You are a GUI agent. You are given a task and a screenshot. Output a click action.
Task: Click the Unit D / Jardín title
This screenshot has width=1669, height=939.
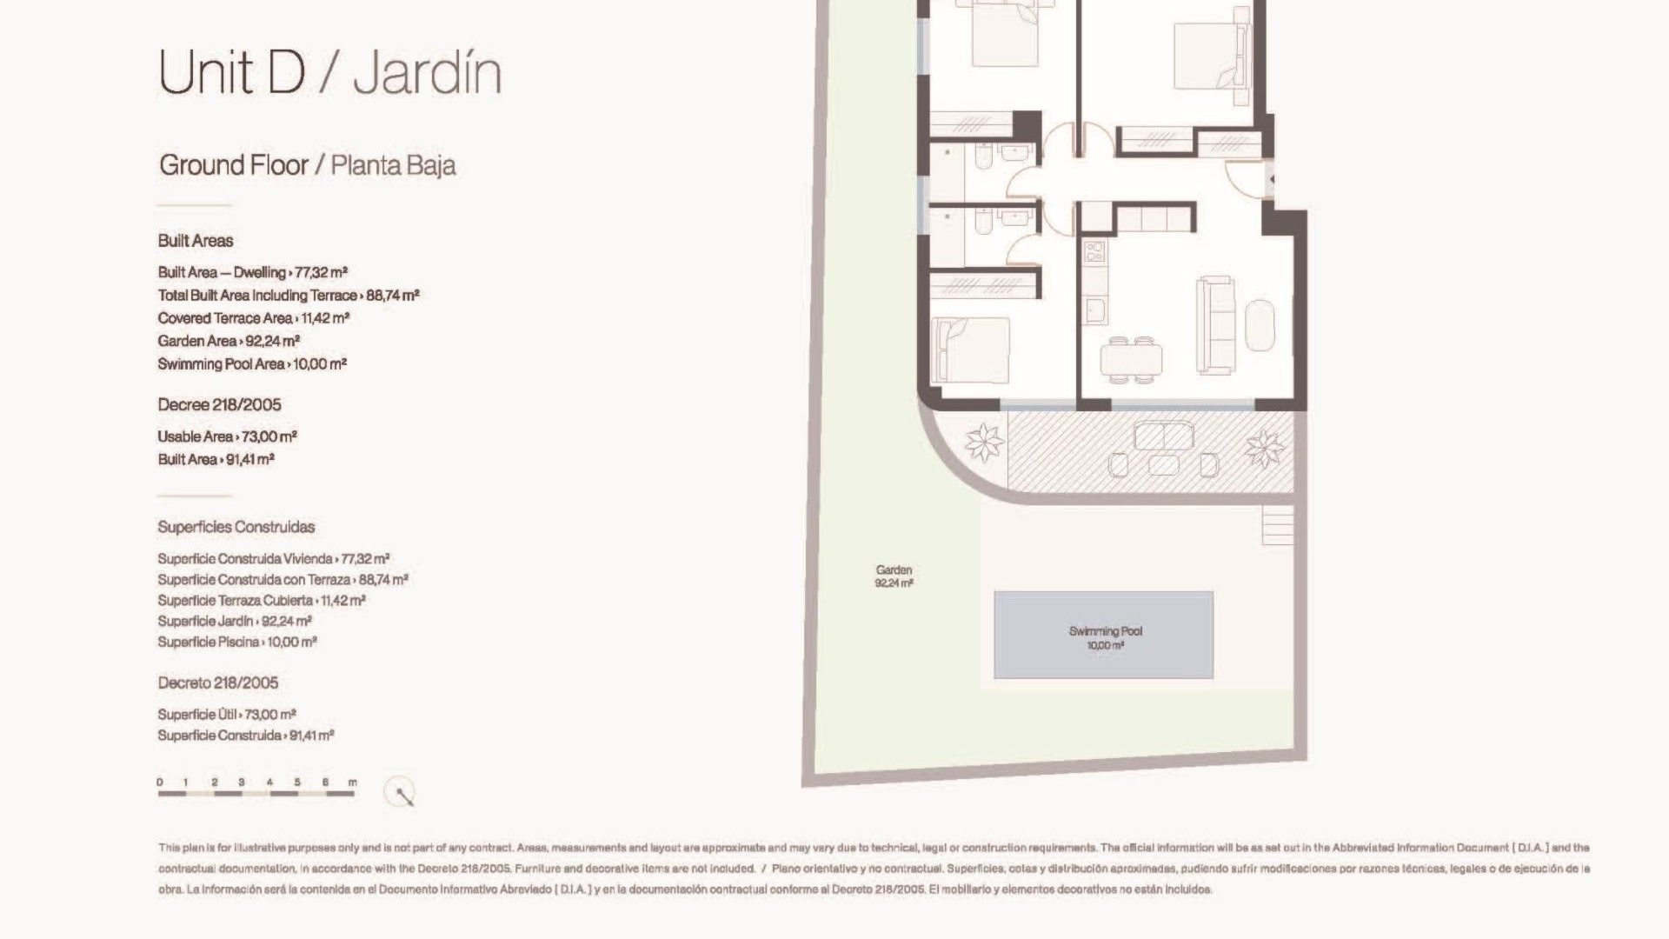[x=330, y=72]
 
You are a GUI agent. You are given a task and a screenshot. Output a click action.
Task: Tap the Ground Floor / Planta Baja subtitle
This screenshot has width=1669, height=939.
[x=307, y=165]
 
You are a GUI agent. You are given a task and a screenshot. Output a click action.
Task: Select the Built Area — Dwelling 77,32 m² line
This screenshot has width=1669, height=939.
[x=253, y=272]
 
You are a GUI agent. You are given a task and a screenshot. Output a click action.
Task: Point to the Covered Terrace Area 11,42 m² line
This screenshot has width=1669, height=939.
[x=254, y=318]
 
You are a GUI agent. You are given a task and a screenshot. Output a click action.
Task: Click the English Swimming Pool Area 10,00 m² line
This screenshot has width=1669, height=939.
[x=252, y=364]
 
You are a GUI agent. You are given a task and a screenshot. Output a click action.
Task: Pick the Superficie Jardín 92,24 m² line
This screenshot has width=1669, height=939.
[x=235, y=621]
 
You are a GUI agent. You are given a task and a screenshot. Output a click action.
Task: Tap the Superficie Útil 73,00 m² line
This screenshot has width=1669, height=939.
[x=227, y=715]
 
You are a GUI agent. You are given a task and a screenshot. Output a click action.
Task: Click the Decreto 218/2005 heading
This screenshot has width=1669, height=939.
[x=218, y=683]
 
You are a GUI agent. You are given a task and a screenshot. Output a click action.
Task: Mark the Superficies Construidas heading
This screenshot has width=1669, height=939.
[x=236, y=527]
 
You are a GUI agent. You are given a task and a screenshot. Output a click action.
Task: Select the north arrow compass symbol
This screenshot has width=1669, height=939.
[x=400, y=792]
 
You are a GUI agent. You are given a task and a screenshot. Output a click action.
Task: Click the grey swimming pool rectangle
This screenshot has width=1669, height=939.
[x=1104, y=635]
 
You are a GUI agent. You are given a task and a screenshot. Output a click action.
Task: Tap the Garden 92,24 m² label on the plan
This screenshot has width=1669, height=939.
[x=894, y=576]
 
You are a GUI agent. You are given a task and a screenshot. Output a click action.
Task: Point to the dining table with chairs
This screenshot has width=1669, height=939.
[x=1131, y=359]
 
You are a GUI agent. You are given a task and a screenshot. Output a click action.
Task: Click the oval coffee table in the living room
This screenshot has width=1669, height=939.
[x=1260, y=325]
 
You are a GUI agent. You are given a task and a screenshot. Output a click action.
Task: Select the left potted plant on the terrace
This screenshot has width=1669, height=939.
[x=985, y=442]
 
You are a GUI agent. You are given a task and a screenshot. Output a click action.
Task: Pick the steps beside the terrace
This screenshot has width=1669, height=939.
[x=1278, y=525]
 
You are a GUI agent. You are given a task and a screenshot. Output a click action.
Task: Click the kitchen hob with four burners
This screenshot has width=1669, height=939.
[x=1094, y=252]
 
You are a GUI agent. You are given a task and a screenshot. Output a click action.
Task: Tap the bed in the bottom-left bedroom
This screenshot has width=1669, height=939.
[x=970, y=350]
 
